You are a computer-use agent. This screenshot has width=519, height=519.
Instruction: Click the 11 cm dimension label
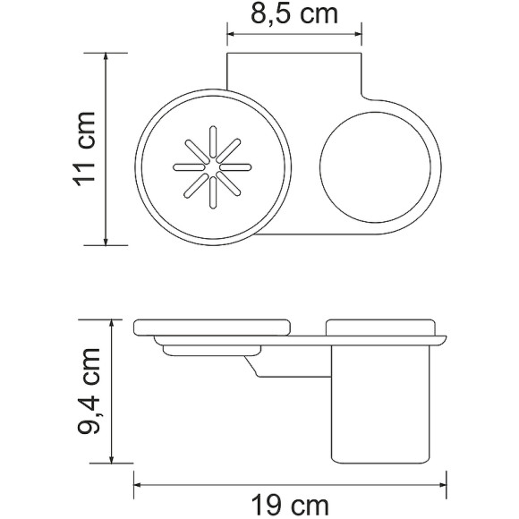coord(86,149)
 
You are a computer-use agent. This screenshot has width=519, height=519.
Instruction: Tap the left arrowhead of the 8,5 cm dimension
coord(230,35)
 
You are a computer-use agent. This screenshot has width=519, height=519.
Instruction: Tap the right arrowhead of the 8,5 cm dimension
coord(360,35)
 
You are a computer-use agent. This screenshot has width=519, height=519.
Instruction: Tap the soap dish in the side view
coord(213,327)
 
